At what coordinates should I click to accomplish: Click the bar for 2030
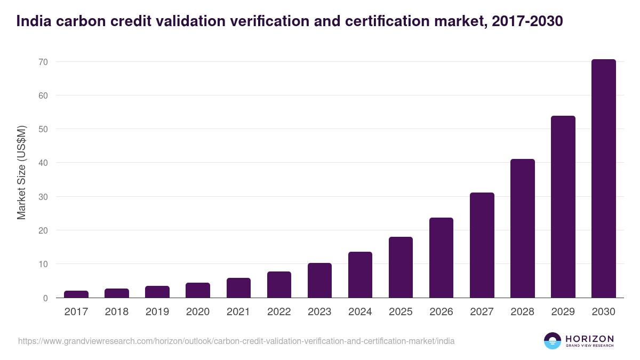coord(603,179)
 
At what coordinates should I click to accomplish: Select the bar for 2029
coord(563,207)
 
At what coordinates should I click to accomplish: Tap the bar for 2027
coord(482,245)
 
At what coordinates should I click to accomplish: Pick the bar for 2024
coord(360,275)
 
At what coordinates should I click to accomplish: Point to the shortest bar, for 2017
coord(76,294)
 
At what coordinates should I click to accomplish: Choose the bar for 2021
coord(238,288)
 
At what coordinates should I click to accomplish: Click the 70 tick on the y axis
coord(43,62)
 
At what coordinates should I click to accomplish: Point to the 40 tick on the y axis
coord(43,163)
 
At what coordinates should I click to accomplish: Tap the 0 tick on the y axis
coord(45,298)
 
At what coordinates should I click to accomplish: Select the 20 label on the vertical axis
coord(43,230)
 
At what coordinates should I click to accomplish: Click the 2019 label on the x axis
coord(157,312)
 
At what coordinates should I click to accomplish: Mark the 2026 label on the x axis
coord(441,312)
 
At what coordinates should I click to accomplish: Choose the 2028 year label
coord(522,312)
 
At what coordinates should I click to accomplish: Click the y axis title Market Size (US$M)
coord(21,172)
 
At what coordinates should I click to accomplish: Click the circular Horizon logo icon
coord(552,341)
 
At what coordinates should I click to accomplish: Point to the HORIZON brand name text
coord(589,338)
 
